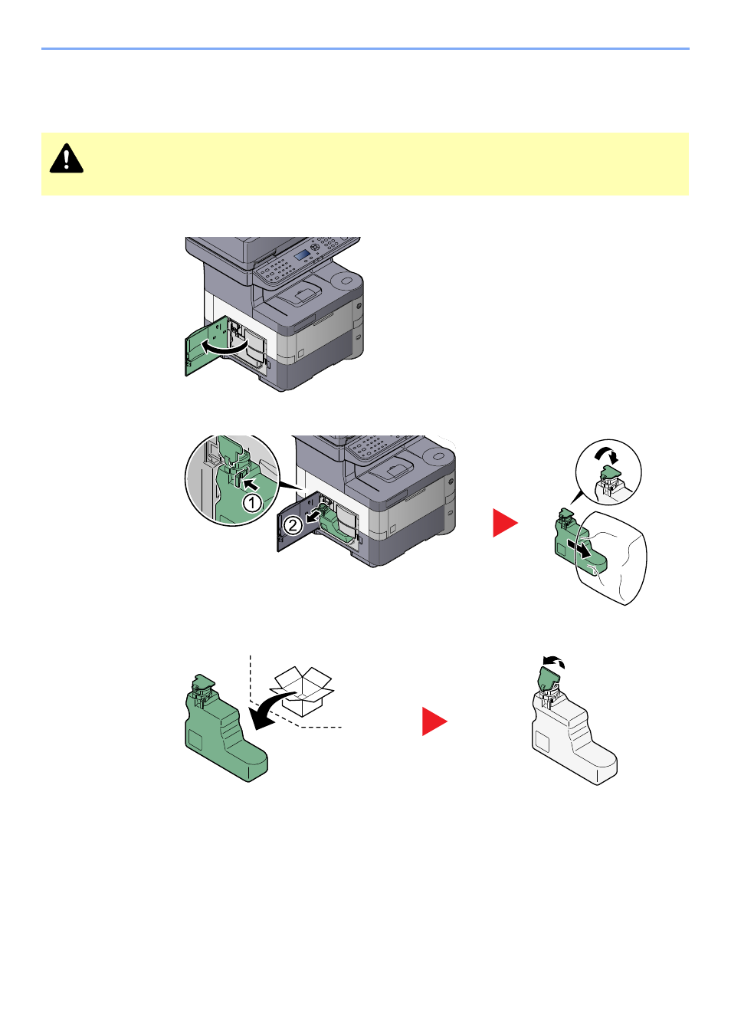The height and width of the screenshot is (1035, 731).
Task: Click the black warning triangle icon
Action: tap(67, 159)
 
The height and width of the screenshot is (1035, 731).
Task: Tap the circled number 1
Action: tap(252, 503)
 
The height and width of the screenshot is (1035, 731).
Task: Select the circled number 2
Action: tap(293, 525)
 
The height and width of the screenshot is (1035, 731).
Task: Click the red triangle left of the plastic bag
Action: tap(505, 523)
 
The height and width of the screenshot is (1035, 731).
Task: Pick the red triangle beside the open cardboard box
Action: tap(434, 721)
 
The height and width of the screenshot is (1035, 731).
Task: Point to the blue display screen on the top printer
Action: tap(302, 255)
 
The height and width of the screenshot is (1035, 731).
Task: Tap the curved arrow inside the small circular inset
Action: tap(606, 455)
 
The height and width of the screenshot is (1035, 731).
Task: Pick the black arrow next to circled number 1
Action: tap(251, 485)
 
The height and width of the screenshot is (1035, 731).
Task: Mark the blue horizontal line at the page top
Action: tap(365, 48)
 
